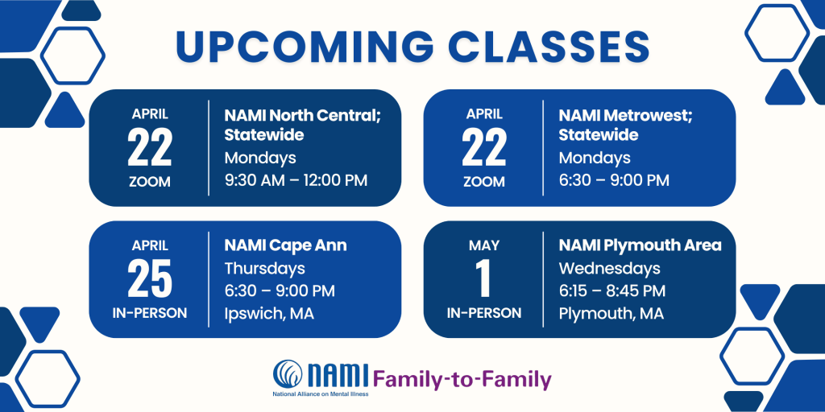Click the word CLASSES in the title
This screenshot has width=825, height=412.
click(x=550, y=47)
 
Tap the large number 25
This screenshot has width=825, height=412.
click(x=150, y=279)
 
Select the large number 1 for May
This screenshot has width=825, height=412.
click(x=483, y=279)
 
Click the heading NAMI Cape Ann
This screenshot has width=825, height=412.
click(x=286, y=245)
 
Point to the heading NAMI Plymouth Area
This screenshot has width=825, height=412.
click(x=641, y=245)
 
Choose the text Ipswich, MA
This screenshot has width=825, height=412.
click(x=269, y=315)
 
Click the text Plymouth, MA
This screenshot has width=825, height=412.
click(x=611, y=315)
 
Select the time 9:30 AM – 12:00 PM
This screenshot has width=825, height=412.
click(x=296, y=180)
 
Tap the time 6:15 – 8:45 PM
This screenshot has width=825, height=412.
click(x=612, y=290)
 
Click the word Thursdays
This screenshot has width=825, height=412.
click(x=264, y=269)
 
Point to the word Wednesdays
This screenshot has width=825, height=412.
click(x=609, y=269)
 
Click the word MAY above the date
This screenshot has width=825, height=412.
click(x=484, y=245)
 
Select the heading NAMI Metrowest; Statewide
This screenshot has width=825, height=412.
click(x=625, y=125)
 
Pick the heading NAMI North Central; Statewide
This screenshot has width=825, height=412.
click(x=303, y=125)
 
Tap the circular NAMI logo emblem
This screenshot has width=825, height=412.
click(x=288, y=373)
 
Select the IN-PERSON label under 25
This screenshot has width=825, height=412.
click(x=150, y=313)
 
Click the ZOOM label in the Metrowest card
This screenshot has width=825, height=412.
click(x=484, y=182)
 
